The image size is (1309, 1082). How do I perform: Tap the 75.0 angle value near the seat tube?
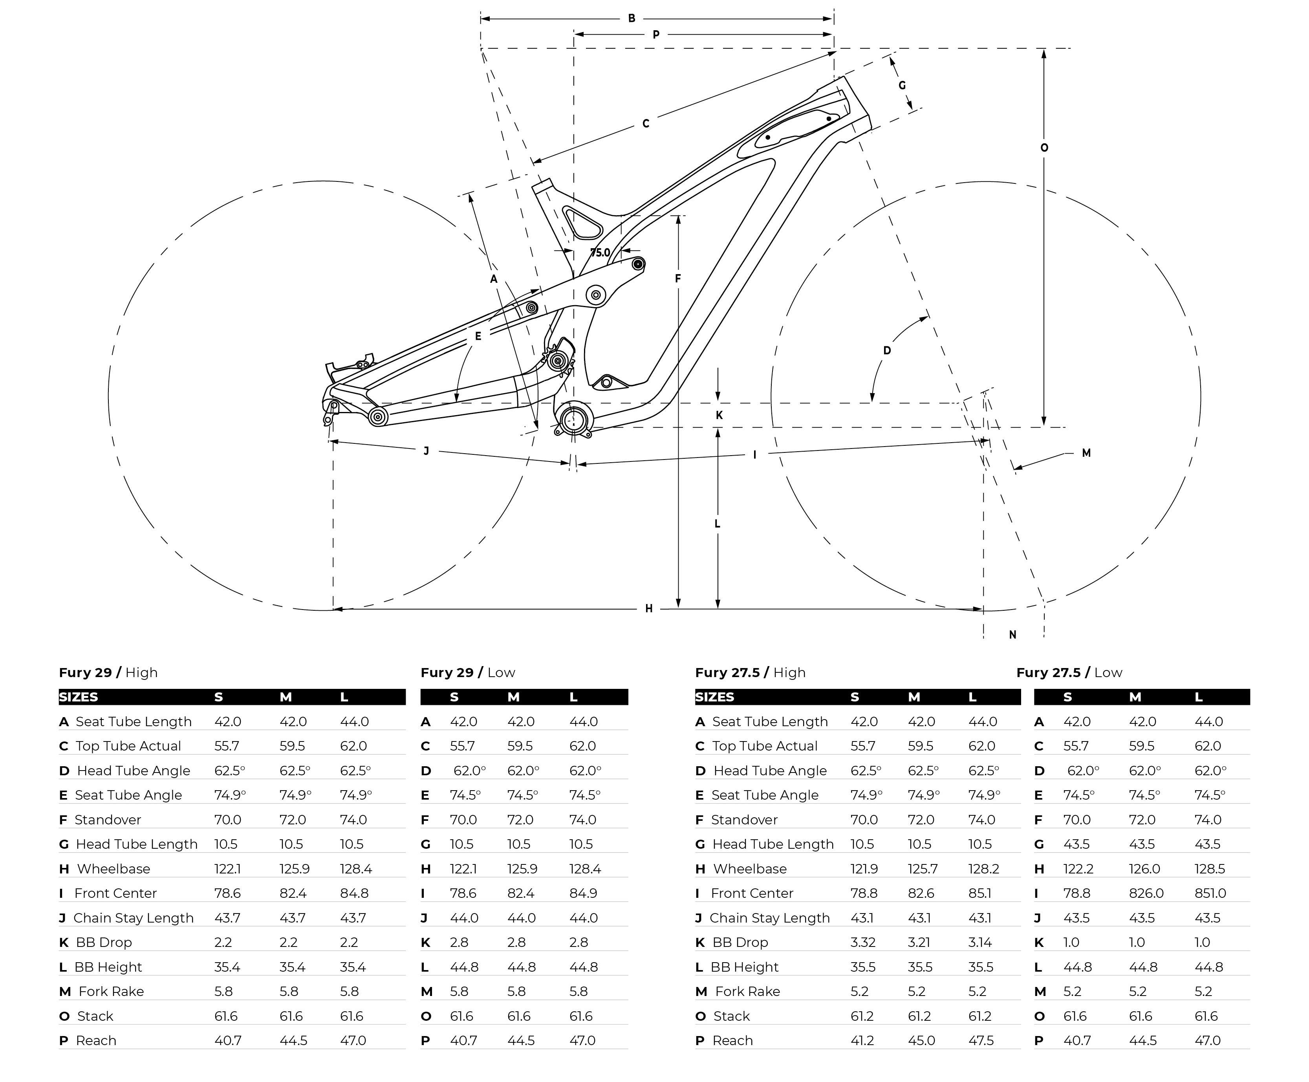(600, 253)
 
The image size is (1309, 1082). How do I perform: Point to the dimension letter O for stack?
(1044, 148)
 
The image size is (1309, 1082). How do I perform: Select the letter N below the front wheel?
(1012, 635)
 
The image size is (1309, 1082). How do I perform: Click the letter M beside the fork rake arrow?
(1086, 453)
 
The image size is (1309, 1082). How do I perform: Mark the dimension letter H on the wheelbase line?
(648, 608)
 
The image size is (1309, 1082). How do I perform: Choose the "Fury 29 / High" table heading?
(108, 672)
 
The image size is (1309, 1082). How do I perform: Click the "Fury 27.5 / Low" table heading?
(1069, 672)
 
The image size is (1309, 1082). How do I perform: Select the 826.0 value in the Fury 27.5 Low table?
(1146, 893)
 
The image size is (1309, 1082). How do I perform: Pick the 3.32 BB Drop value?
(863, 943)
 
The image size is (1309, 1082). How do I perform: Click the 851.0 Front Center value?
(1210, 893)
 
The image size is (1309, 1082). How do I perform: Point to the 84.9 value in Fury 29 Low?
(583, 893)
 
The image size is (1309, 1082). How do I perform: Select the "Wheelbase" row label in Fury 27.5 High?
(749, 869)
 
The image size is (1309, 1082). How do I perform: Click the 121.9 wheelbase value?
(863, 869)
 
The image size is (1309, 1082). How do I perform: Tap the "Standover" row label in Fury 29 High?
(107, 820)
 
